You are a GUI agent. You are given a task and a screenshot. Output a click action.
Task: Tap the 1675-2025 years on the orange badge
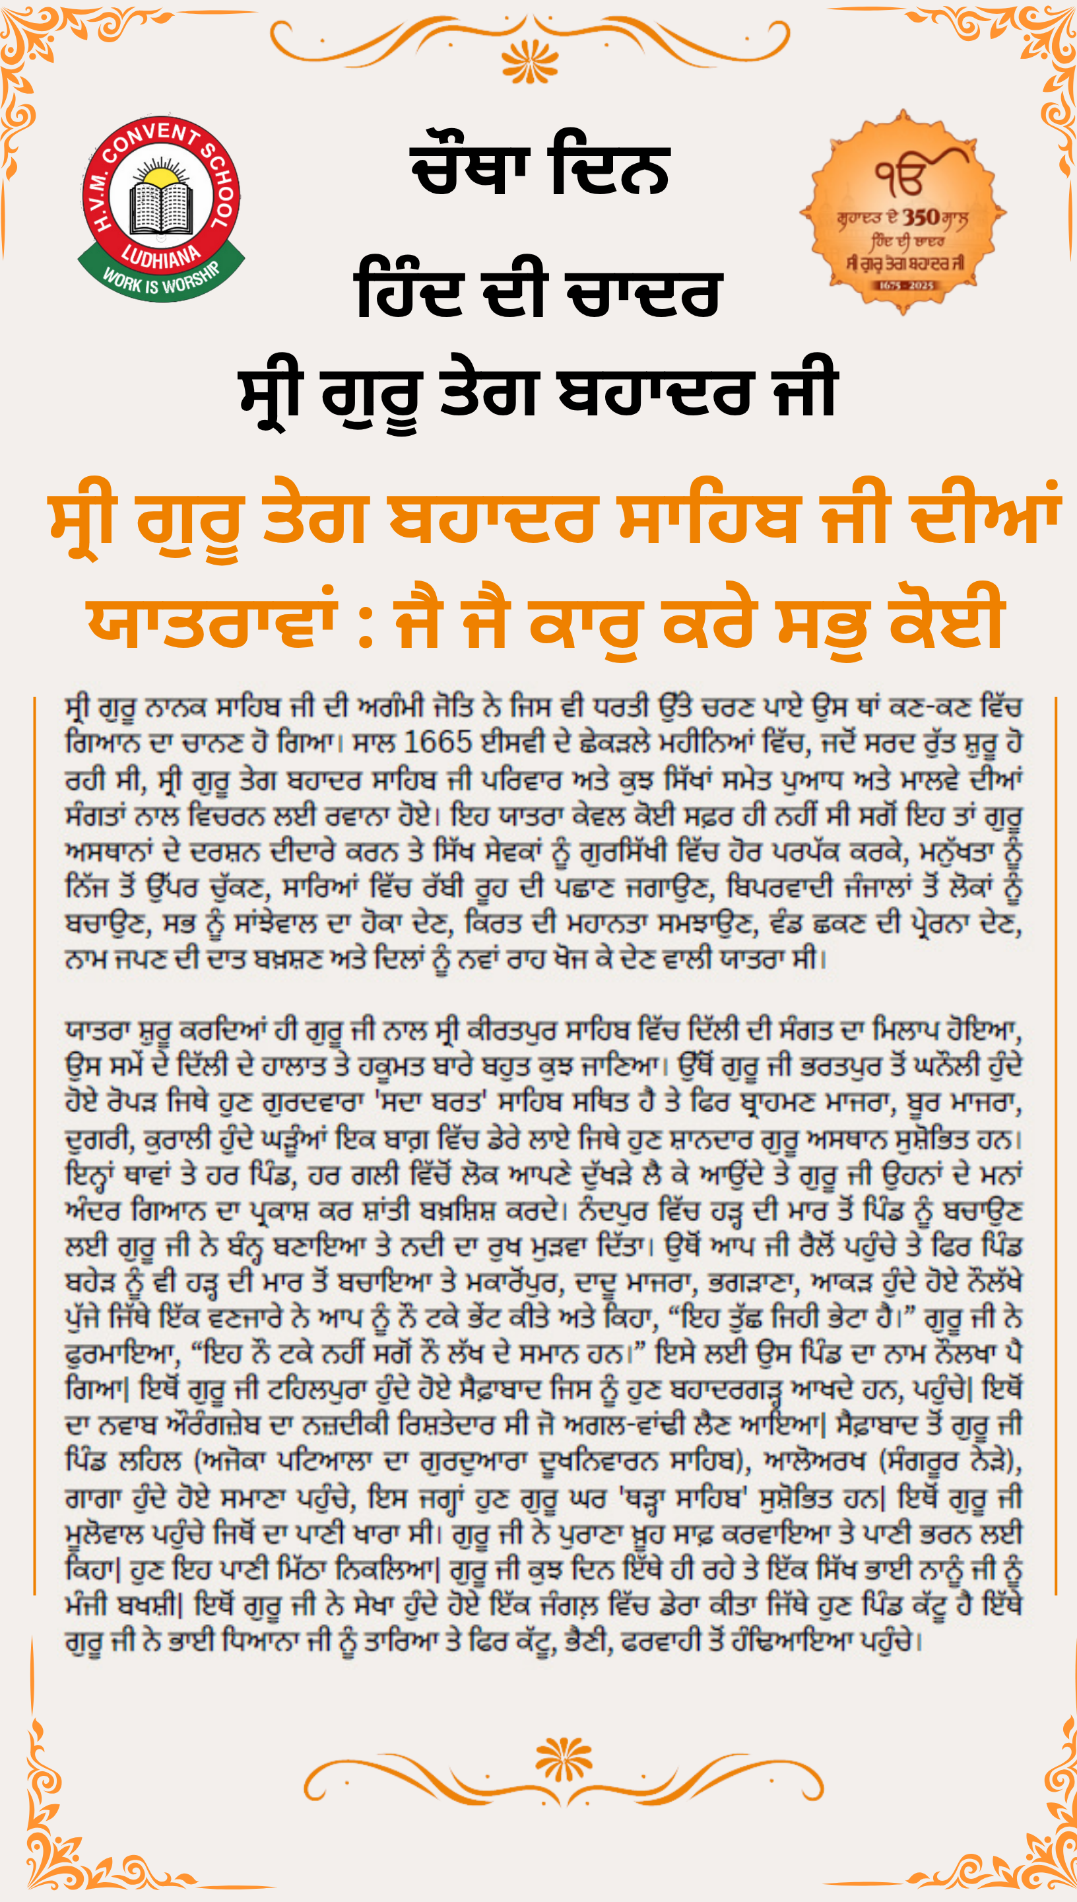pos(907,285)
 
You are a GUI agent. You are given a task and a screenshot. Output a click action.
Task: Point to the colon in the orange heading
pos(365,625)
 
